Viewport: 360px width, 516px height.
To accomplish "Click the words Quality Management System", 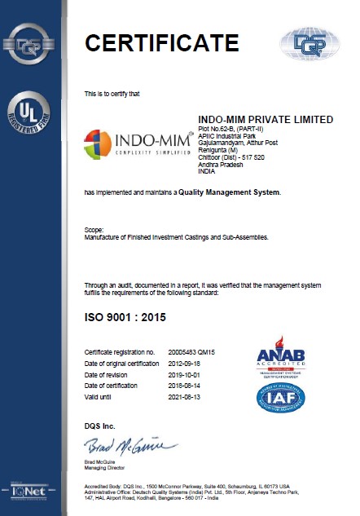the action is coord(232,192).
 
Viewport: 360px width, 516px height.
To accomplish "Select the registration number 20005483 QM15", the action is coord(193,351).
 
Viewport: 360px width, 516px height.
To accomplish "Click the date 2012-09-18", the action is coord(185,362).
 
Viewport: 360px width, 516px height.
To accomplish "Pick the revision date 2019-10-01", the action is coord(185,373).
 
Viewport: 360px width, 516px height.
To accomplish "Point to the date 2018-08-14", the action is coord(185,385).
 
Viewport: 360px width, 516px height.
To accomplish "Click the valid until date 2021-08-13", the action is coord(185,396).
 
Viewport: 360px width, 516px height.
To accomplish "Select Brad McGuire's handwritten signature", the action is coord(130,446).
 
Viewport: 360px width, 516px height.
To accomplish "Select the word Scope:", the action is coord(94,232).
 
